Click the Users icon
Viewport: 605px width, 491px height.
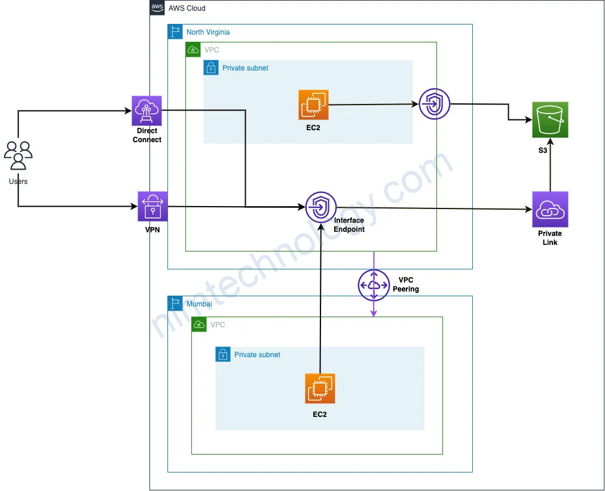pyautogui.click(x=18, y=155)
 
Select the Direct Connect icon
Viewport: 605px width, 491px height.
pyautogui.click(x=146, y=111)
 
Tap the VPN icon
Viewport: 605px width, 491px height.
pyautogui.click(x=152, y=206)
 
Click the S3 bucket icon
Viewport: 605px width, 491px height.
pyautogui.click(x=550, y=119)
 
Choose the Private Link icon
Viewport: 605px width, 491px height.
pyautogui.click(x=550, y=209)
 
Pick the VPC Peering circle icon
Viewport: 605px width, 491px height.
pyautogui.click(x=374, y=285)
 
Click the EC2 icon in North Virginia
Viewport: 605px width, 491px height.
pyautogui.click(x=314, y=105)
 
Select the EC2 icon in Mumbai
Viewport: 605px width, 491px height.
pyautogui.click(x=320, y=388)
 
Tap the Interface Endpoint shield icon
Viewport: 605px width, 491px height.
pyautogui.click(x=321, y=208)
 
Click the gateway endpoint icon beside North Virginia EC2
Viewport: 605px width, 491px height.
pyautogui.click(x=435, y=104)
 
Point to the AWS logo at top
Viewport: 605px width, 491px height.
pyautogui.click(x=157, y=8)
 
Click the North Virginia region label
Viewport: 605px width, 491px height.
pyautogui.click(x=207, y=32)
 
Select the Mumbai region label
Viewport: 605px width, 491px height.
pyautogui.click(x=199, y=304)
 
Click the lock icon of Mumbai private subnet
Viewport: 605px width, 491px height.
pyautogui.click(x=222, y=354)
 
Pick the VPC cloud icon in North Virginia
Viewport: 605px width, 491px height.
pyautogui.click(x=193, y=50)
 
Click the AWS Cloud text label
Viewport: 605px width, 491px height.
pyautogui.click(x=187, y=8)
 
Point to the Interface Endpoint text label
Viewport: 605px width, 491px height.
pyautogui.click(x=349, y=225)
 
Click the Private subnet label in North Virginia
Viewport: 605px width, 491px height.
pyautogui.click(x=245, y=68)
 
